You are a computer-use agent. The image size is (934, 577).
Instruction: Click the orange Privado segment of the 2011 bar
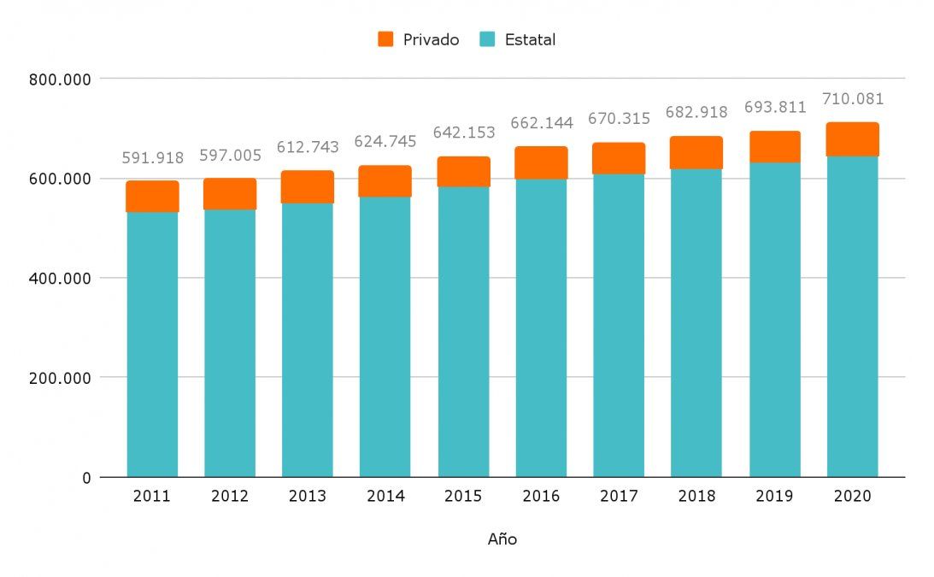[152, 197]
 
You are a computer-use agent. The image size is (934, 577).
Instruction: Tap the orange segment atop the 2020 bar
[852, 139]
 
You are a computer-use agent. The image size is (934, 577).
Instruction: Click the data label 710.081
[852, 99]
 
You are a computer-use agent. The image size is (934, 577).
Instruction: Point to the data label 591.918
[152, 158]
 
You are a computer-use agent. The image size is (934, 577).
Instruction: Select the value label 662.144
[541, 123]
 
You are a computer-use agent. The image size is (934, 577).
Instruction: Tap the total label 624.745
[385, 142]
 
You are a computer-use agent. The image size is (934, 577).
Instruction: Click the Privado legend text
[431, 39]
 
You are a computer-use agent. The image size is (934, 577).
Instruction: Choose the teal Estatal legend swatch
[486, 39]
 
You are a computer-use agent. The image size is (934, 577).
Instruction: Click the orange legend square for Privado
[385, 39]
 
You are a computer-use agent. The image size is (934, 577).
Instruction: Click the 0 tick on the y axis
[85, 478]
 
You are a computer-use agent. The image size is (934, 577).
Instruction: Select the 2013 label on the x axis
[307, 497]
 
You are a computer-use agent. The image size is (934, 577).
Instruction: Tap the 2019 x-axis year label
[773, 497]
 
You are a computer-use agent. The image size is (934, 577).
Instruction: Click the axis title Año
[502, 539]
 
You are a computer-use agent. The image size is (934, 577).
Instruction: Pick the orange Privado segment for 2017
[619, 158]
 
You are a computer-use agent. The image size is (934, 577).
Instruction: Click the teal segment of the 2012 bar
[229, 342]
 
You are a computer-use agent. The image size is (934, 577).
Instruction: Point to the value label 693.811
[773, 108]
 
